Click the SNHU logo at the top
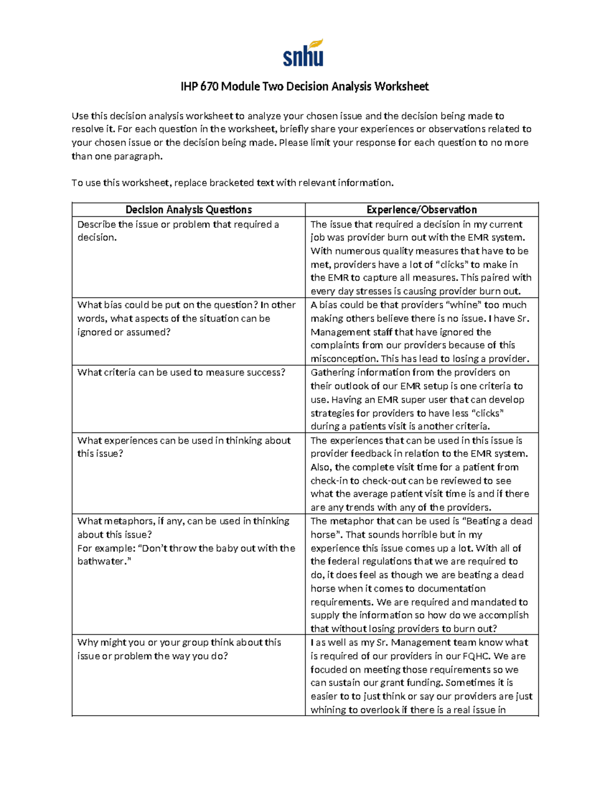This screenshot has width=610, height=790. [x=303, y=53]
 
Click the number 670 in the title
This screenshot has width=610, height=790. [x=209, y=86]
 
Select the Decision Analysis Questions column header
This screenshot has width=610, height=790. [x=189, y=210]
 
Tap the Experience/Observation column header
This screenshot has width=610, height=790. [x=421, y=210]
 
